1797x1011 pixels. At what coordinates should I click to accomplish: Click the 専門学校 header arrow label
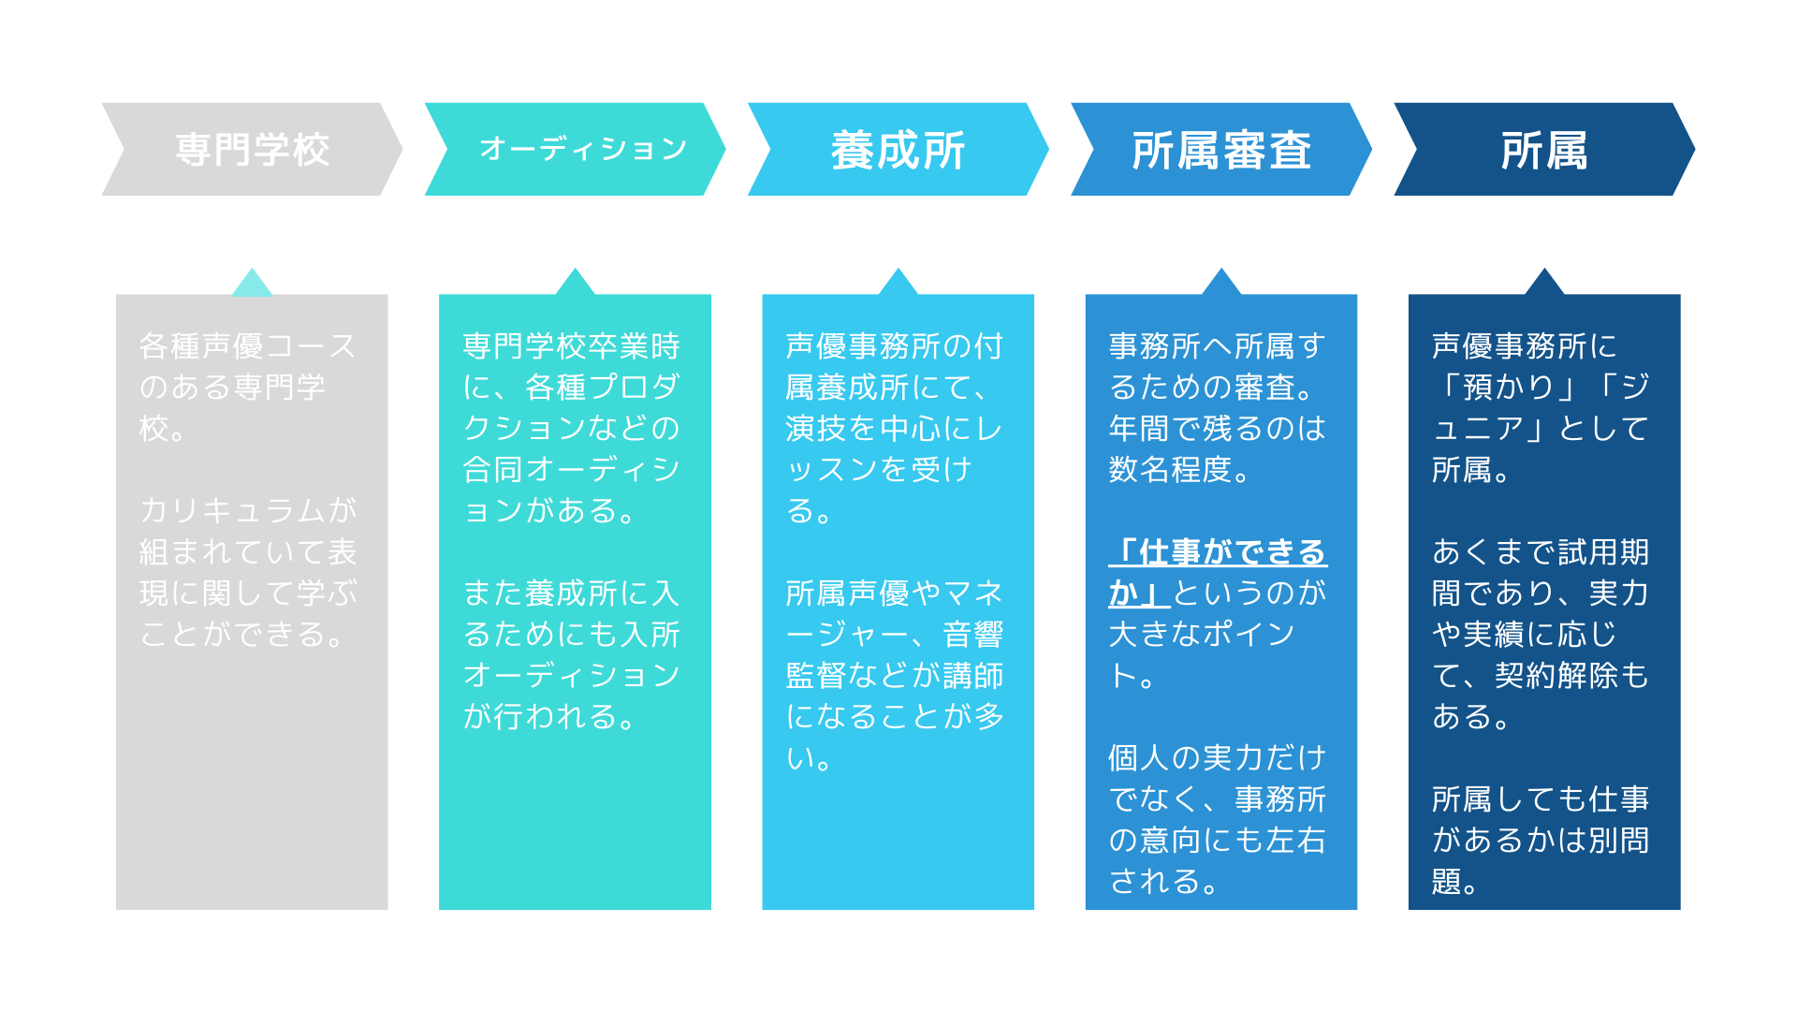coord(253,150)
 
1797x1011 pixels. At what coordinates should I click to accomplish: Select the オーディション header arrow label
coord(583,149)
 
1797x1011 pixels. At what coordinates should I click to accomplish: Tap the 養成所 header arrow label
coord(898,150)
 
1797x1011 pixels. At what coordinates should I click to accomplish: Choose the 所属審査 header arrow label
coord(1221,150)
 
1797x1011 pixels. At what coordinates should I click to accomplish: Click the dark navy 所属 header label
coord(1544,150)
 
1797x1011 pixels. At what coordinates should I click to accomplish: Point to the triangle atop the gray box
coord(252,283)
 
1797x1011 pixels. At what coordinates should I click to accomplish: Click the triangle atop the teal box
coord(575,283)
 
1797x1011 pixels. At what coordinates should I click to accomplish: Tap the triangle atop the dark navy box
coord(1544,283)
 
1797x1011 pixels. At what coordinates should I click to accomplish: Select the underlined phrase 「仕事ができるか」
coord(1218,572)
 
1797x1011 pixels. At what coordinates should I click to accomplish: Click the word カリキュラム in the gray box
coord(232,510)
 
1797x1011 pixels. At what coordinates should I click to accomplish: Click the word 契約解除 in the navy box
coord(1556,675)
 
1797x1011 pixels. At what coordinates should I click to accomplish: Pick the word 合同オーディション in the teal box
coord(571,490)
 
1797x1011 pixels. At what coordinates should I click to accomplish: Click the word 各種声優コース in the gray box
coord(248,345)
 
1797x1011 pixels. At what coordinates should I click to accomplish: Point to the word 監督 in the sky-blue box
coord(817,675)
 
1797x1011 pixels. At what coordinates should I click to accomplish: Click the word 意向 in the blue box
coord(1170,840)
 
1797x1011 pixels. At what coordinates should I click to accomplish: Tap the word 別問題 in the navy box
coord(1541,860)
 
